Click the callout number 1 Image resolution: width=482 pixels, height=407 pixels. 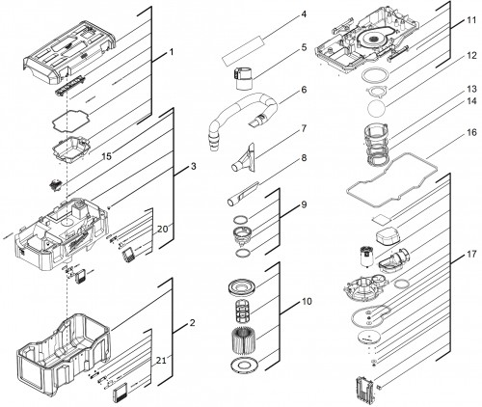pos(172,52)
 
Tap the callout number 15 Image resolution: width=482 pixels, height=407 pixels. pos(107,156)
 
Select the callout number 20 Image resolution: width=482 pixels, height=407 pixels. pos(163,230)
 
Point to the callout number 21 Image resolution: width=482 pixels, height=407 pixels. pos(161,361)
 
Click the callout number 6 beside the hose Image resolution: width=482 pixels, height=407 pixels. pos(304,90)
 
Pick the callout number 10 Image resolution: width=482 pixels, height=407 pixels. pos(307,302)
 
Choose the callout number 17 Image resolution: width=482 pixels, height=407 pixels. pos(471,255)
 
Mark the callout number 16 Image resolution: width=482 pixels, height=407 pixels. pos(471,132)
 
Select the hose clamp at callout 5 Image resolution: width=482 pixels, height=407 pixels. pos(243,78)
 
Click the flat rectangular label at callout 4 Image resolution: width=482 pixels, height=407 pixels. pos(242,51)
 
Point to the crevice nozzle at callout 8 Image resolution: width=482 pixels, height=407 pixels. pos(243,194)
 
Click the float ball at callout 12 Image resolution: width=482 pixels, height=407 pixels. pos(376,108)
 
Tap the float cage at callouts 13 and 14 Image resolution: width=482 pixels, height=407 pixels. pos(377,146)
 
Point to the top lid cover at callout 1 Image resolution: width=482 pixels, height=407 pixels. pos(70,51)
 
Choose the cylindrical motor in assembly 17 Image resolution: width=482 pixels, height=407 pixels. pos(366,257)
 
